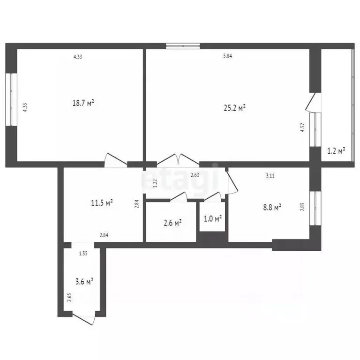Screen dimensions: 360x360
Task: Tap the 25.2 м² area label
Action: [x=234, y=108]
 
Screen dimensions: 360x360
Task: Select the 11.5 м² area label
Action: [x=102, y=203]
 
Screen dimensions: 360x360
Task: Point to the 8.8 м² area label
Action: [x=271, y=206]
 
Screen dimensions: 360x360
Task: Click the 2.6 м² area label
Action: [x=172, y=223]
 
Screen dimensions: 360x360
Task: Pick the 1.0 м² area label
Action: [x=212, y=218]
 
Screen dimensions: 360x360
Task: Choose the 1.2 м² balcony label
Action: [x=336, y=150]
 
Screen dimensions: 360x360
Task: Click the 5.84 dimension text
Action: [x=228, y=56]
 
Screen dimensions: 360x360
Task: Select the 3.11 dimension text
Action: [x=270, y=176]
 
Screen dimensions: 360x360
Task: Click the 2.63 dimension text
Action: [x=195, y=176]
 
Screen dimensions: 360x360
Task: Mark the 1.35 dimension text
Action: [x=83, y=254]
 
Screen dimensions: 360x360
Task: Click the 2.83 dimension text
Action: [x=302, y=207]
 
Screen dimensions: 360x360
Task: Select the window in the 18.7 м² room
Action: [x=11, y=99]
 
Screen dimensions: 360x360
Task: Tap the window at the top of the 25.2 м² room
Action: [x=183, y=46]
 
